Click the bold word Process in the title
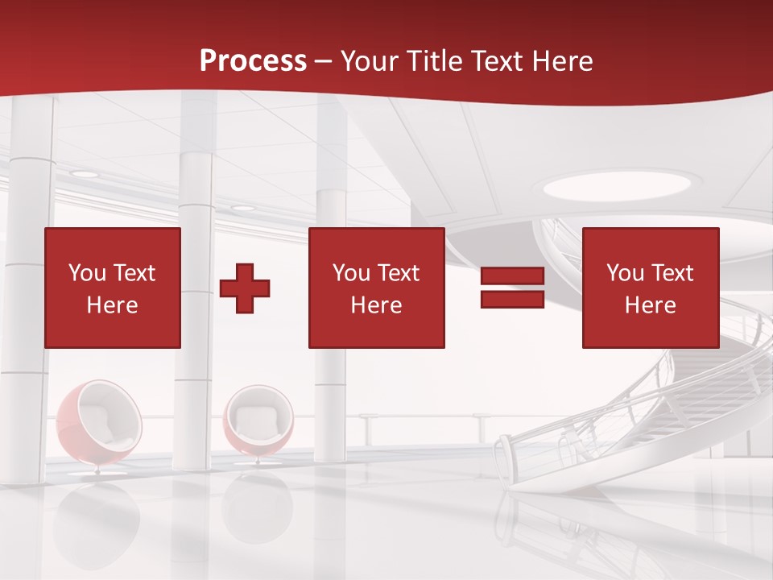(x=253, y=61)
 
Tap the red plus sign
(x=245, y=288)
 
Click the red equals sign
(x=512, y=288)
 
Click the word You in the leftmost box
(x=87, y=273)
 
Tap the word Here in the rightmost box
(x=651, y=305)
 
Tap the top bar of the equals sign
(x=512, y=276)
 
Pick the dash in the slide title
(x=323, y=61)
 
